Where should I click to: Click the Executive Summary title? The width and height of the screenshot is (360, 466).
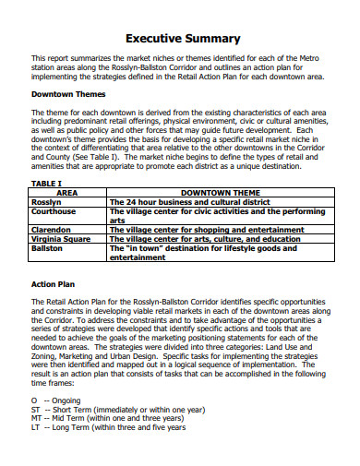point(183,39)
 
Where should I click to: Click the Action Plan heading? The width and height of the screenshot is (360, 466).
point(57,284)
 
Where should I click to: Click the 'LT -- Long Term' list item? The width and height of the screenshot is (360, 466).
point(108,427)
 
